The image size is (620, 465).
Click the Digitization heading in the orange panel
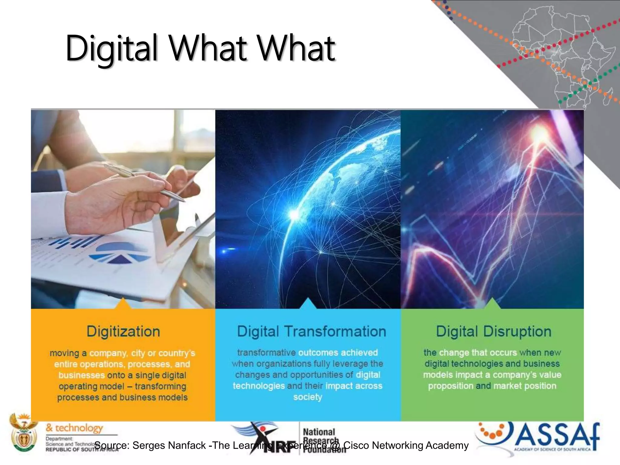tap(123, 331)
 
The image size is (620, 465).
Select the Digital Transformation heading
tap(311, 331)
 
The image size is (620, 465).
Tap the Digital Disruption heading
tap(493, 331)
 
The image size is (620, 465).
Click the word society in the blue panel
tap(308, 397)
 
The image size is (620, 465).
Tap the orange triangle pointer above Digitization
tap(123, 304)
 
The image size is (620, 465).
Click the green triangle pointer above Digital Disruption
tap(492, 304)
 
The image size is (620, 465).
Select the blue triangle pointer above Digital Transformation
tap(308, 304)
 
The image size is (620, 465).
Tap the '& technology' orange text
tap(74, 428)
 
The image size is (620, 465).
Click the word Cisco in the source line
tap(356, 445)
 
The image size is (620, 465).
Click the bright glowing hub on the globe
tap(294, 215)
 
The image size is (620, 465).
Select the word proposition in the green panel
tap(450, 386)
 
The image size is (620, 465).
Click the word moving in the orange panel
tap(64, 353)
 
